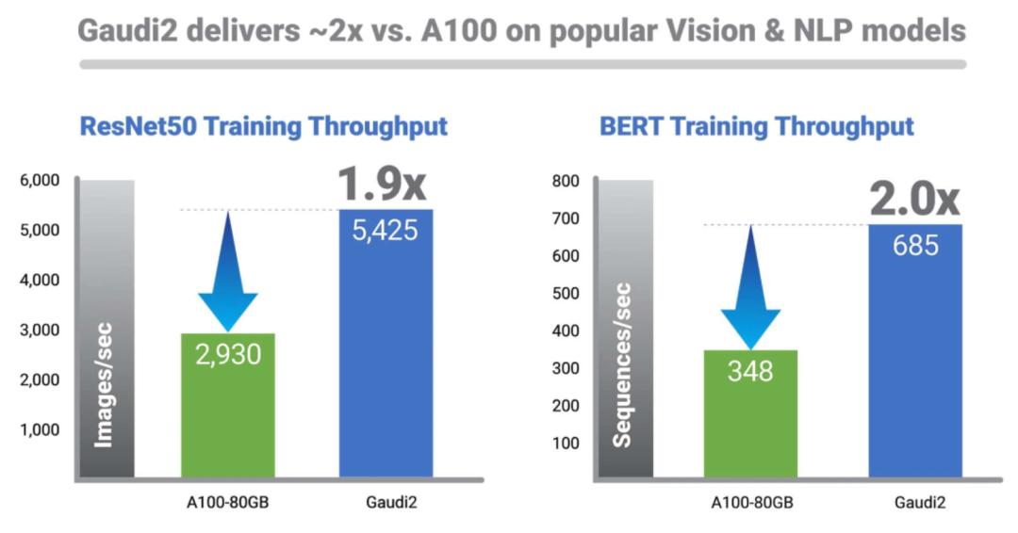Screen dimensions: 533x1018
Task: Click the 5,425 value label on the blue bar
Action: click(386, 230)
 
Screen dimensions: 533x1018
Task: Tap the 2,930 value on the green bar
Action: click(227, 353)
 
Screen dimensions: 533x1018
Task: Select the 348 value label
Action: click(749, 370)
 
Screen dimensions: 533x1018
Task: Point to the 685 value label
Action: click(915, 245)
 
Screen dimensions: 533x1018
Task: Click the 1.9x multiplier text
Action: click(383, 185)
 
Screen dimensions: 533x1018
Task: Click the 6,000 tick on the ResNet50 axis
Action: click(41, 180)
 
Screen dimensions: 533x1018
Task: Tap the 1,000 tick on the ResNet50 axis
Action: click(41, 429)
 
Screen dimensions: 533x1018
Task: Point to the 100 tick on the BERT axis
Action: click(569, 443)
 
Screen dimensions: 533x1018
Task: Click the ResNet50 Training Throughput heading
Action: click(264, 126)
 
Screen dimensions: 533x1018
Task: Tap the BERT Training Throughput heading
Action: click(757, 126)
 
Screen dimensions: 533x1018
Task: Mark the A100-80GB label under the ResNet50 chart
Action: click(227, 502)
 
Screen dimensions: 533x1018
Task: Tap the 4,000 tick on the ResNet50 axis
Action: click(41, 280)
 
